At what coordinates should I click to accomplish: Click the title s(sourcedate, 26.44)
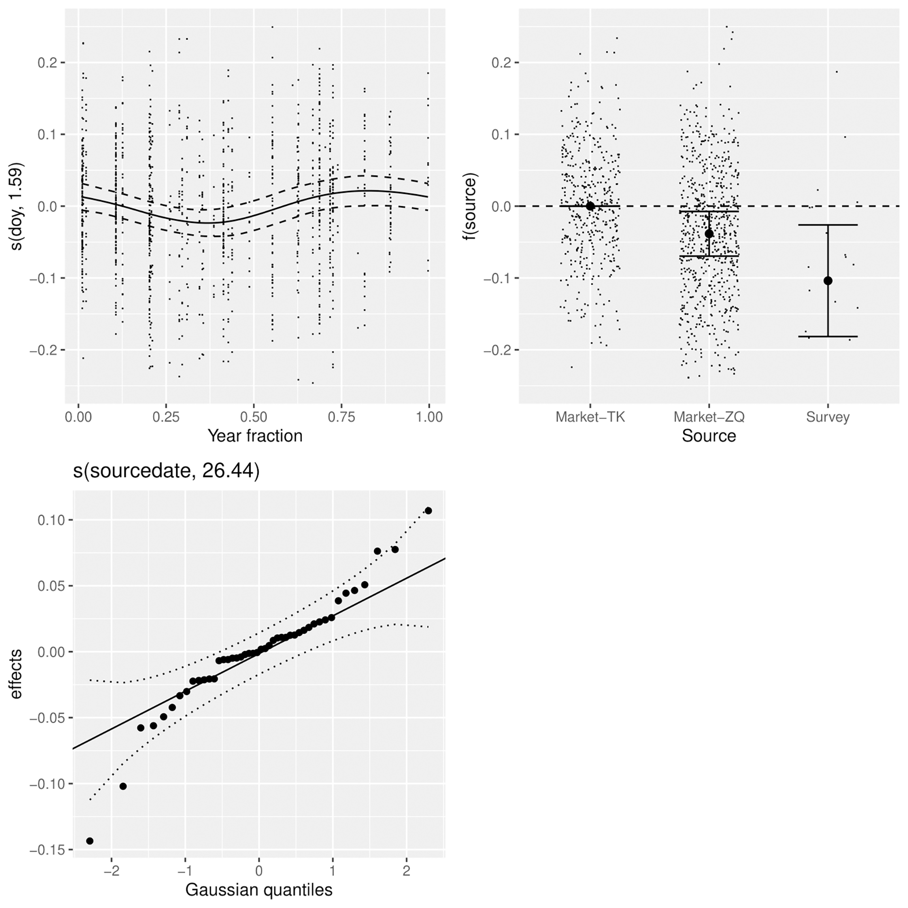pos(166,471)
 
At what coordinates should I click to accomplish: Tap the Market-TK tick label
pos(590,417)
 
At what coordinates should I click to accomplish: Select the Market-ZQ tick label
pos(709,417)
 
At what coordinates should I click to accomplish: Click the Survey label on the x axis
pos(828,417)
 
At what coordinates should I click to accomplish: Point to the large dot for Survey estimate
pos(828,281)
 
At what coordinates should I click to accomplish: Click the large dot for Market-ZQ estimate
pos(709,234)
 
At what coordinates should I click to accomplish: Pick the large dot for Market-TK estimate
pos(590,206)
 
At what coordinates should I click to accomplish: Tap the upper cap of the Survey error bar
pos(828,225)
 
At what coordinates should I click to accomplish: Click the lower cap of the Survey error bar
pos(828,336)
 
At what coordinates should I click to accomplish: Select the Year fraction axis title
pos(255,436)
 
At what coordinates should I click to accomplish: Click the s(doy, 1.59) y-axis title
pos(16,206)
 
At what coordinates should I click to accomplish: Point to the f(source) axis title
pos(470,206)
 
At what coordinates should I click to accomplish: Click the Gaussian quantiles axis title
pos(259,890)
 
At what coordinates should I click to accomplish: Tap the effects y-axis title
pos(16,674)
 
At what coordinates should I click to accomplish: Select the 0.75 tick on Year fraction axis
pos(341,417)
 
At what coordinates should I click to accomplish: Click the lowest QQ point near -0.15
pos(90,841)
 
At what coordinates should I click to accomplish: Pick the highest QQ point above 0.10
pos(428,511)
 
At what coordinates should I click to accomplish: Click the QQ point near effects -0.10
pos(123,786)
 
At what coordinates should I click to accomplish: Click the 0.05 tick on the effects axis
pos(51,586)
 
